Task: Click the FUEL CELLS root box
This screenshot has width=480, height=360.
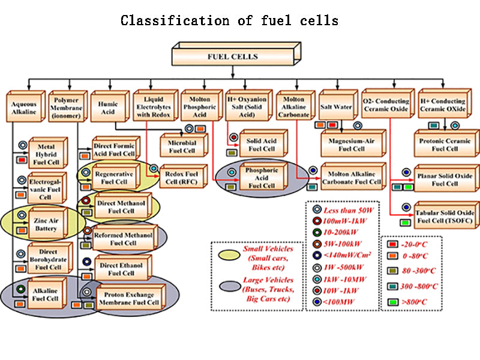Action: (x=232, y=57)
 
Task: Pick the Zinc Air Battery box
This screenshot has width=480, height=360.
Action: (x=46, y=224)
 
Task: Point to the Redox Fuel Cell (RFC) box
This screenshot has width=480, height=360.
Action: (x=182, y=178)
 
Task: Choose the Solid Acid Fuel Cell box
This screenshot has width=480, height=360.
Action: (x=260, y=144)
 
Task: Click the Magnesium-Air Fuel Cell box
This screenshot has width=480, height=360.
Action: (x=352, y=145)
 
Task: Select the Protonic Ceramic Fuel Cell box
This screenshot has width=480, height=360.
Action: (x=445, y=145)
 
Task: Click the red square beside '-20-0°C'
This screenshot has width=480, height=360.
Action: (x=391, y=244)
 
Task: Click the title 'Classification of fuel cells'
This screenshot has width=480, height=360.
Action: (x=229, y=20)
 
